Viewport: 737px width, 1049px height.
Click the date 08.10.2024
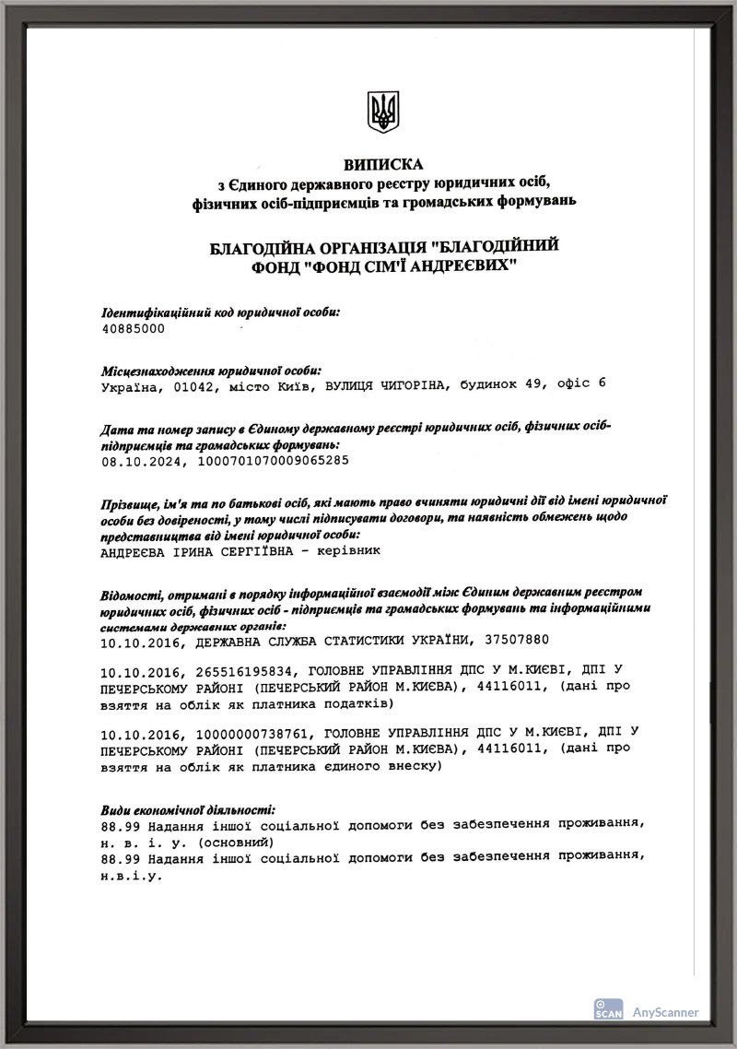(136, 458)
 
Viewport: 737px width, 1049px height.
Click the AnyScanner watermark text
(665, 1011)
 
